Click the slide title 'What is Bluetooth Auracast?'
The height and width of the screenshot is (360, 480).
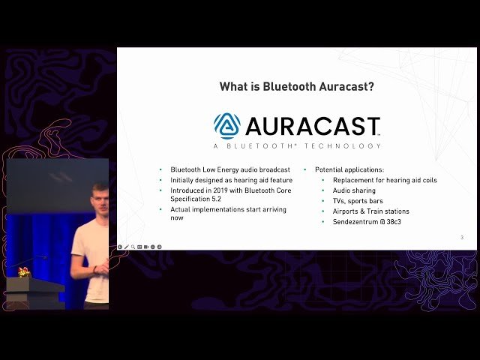tap(297, 86)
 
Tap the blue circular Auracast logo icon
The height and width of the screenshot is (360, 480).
tap(226, 126)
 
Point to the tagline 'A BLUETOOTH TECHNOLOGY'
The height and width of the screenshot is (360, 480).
tap(297, 145)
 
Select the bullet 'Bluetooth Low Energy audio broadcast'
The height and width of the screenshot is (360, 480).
tap(229, 169)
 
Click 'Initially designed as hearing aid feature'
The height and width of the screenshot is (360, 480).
tap(231, 180)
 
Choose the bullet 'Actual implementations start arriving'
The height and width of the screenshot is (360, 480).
tap(229, 211)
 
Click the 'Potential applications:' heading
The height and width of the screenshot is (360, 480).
tap(349, 169)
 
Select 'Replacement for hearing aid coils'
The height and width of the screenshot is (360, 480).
tap(385, 180)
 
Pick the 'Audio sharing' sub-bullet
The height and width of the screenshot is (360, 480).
tap(354, 190)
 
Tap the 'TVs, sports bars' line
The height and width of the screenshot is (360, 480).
tap(358, 201)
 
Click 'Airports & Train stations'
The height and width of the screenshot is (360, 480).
tap(370, 211)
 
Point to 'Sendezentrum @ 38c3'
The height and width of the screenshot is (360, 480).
tap(367, 222)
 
